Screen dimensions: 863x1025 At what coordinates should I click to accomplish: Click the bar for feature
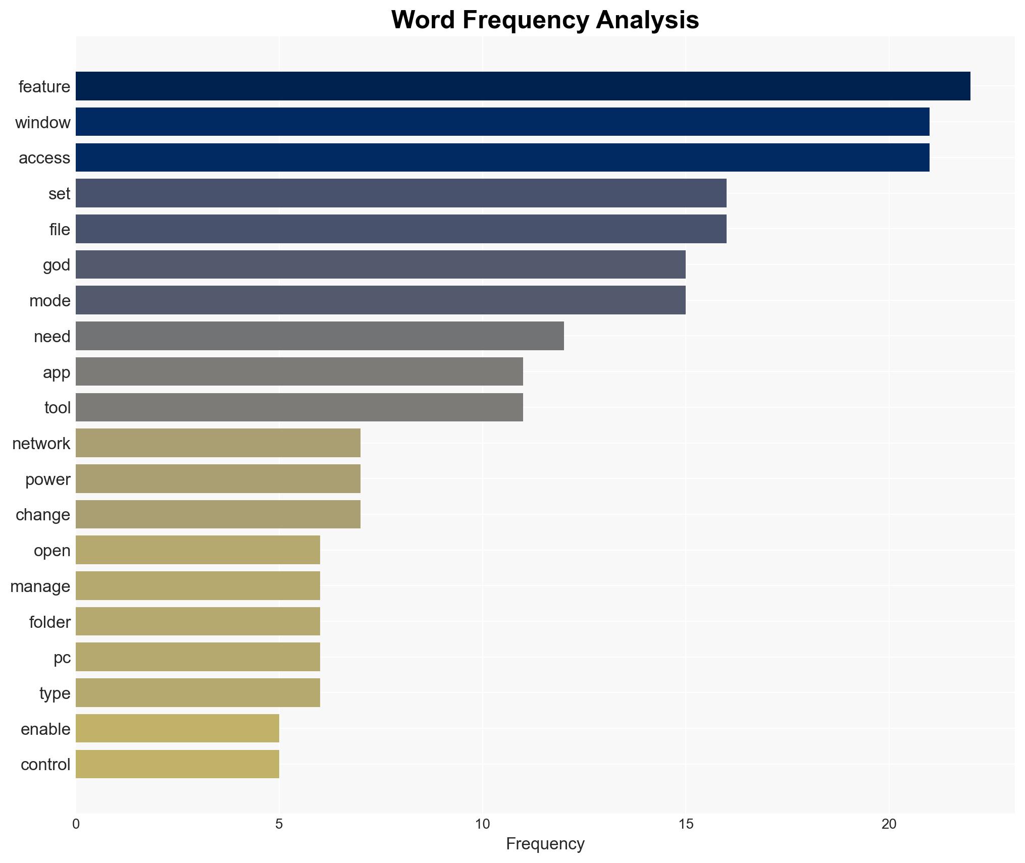pos(523,86)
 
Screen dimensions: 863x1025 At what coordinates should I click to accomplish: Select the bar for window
pos(502,122)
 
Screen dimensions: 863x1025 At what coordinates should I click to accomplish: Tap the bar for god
pos(380,264)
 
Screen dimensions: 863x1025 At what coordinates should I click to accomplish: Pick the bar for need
pos(320,336)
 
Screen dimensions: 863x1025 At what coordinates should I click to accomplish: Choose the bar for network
pos(218,443)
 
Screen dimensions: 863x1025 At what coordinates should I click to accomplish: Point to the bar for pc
pos(197,657)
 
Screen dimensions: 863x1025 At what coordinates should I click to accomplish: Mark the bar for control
pos(177,764)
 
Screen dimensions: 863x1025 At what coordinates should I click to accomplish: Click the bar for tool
pos(299,407)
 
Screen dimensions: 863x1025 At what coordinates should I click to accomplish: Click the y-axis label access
pos(44,158)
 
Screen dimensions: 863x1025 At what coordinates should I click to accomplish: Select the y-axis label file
pos(60,229)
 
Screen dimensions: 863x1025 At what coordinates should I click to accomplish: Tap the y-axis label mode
pos(49,301)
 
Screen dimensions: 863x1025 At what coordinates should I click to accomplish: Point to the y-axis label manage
pos(40,586)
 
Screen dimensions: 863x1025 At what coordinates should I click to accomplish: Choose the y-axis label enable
pos(45,729)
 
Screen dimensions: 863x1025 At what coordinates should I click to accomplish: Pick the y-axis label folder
pos(49,622)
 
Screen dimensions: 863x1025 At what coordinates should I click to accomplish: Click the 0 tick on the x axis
pos(76,824)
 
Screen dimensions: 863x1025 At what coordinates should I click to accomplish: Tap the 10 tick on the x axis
pos(482,824)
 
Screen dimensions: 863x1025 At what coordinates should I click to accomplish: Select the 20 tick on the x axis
pos(889,824)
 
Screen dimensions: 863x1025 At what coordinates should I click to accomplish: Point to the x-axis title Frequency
pos(545,843)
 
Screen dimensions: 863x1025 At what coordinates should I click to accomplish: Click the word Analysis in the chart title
pos(647,20)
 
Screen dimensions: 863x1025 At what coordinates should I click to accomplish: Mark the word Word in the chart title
pos(423,20)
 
